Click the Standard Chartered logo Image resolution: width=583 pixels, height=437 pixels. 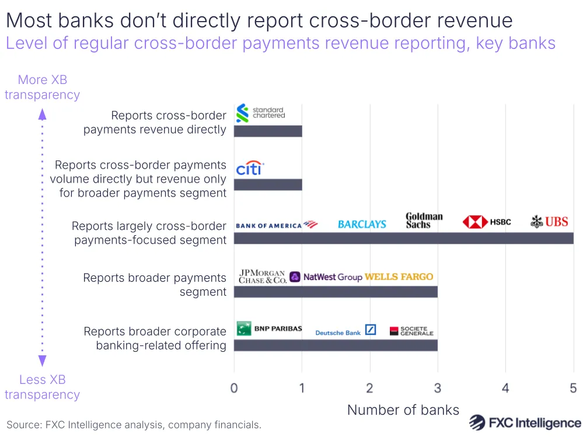pos(260,113)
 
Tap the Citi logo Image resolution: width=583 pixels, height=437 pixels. pos(250,169)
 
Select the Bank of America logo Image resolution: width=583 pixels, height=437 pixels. pos(277,225)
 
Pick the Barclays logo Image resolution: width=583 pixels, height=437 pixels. pos(362,224)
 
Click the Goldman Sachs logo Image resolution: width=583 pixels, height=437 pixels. pos(424,221)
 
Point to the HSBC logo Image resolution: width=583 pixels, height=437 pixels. pos(487,222)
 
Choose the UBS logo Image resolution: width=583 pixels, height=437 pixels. pos(549,222)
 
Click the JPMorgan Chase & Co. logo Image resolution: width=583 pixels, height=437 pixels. pos(263,277)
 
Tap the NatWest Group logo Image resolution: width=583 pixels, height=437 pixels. pos(326,277)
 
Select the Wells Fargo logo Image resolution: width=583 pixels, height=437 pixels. pos(399,277)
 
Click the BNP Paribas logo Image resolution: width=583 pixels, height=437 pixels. pos(269,328)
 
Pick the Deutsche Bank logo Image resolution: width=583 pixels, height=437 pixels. pos(345,331)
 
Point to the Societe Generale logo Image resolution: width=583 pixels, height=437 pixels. pos(412,331)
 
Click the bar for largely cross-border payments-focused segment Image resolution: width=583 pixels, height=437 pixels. pos(403,238)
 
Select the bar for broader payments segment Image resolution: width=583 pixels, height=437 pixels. pos(336,292)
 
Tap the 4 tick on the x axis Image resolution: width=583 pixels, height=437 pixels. pos(505,388)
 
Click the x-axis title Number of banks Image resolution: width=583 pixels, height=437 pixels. pos(403,410)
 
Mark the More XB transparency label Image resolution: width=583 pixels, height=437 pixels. pos(42,87)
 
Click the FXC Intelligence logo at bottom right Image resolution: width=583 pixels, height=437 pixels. pos(525,422)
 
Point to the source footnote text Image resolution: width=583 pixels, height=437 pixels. pos(134,425)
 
